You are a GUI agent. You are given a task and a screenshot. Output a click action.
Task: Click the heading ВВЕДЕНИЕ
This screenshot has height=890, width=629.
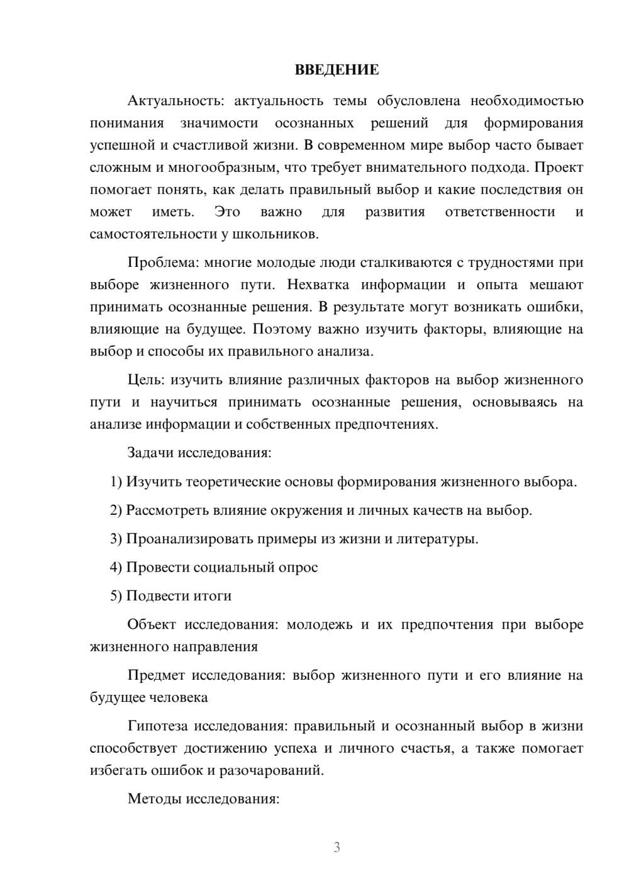(337, 70)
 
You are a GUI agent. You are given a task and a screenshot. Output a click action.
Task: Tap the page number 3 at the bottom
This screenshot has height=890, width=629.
(337, 847)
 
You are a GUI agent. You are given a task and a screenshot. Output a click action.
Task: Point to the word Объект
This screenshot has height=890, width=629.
(152, 624)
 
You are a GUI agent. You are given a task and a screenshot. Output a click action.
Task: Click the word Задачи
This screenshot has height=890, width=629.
(150, 453)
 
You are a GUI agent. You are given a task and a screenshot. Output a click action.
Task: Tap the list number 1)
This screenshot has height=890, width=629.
(116, 482)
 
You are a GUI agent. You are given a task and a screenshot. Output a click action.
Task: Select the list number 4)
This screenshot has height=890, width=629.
(116, 567)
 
